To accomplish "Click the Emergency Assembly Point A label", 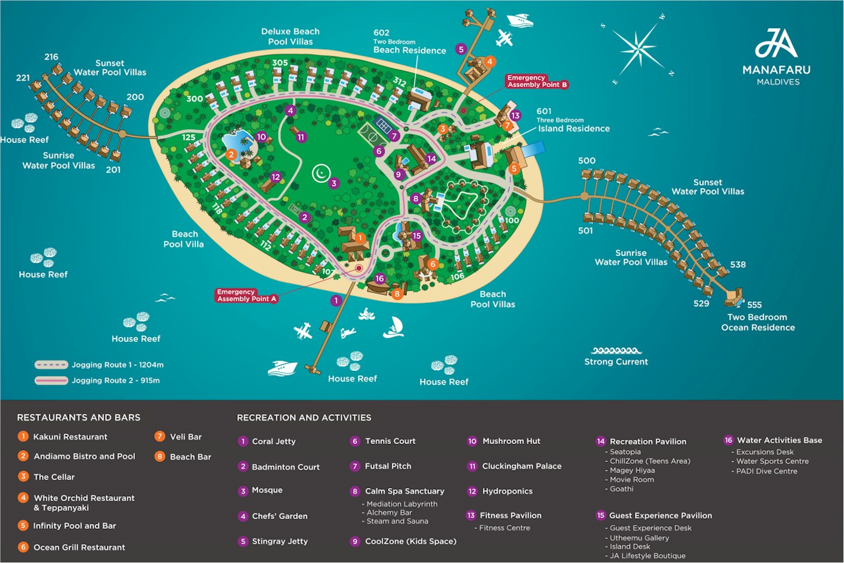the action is coord(246,296).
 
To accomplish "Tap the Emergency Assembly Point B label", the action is coord(537,81).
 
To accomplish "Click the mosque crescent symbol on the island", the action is coord(321,173).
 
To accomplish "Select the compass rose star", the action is coord(638,49).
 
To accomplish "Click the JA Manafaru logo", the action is coord(777,57).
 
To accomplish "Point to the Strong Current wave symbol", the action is coord(616,351).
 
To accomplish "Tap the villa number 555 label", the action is coord(754,305).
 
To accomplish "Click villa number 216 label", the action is coord(51,57).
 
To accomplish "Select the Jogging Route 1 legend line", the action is coord(51,365).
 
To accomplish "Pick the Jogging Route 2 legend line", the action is coord(51,380).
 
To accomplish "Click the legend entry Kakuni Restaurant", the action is coord(62,437).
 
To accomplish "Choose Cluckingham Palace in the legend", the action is coord(514,466).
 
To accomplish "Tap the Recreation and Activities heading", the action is coord(304,418).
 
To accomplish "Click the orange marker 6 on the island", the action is coord(433,264).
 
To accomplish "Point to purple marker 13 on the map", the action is coord(515,115).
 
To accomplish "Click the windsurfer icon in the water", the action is coord(393,327).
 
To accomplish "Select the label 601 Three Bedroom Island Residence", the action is coord(572,120).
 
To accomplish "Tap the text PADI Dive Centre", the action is coord(767,471).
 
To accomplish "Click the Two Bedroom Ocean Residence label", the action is coord(757,322).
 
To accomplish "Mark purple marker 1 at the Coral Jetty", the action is coord(336,300).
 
